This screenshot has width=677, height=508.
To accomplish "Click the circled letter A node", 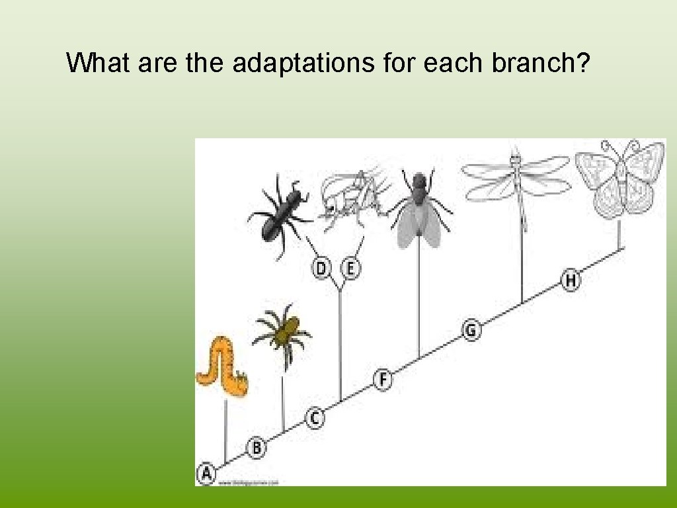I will [206, 474].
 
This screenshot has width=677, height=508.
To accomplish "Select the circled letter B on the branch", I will [257, 448].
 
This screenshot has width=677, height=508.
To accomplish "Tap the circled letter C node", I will [315, 418].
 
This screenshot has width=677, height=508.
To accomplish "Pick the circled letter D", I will [321, 269].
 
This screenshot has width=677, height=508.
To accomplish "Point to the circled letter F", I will [383, 380].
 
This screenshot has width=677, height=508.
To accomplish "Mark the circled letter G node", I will [471, 329].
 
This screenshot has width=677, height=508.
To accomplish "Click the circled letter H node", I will [571, 280].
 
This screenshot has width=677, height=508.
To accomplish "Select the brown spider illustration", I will [283, 333].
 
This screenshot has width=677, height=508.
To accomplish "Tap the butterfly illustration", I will [619, 179].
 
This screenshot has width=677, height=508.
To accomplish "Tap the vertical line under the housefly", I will [418, 304].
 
